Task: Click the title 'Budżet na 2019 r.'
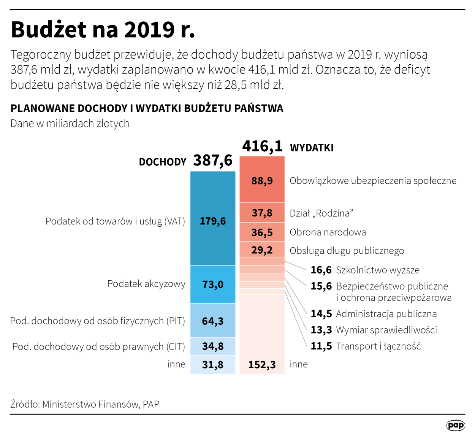[x=103, y=29]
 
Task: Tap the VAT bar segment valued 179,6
[x=213, y=221]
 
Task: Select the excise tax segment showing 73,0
[x=213, y=284]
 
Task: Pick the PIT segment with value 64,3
[x=213, y=321]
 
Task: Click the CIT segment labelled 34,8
[x=213, y=346]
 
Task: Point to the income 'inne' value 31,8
[x=213, y=365]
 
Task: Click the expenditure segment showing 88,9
[x=262, y=181]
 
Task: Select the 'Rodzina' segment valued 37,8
[x=262, y=213]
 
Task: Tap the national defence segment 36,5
[x=262, y=232]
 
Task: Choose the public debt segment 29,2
[x=262, y=250]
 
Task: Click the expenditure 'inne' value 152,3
[x=262, y=365]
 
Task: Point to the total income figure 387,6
[x=213, y=160]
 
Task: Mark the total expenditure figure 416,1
[x=262, y=146]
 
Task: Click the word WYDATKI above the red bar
[x=312, y=148]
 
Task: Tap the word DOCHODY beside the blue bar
[x=163, y=162]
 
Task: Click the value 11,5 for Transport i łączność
[x=321, y=346]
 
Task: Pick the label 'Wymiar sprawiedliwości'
[x=386, y=330]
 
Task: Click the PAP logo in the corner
[x=456, y=425]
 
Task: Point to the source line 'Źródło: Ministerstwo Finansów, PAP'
[x=85, y=404]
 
